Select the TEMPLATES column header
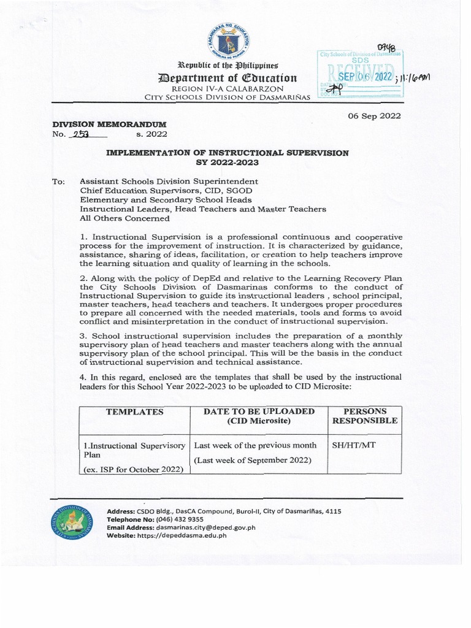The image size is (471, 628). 135,412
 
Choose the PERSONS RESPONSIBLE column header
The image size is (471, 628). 364,416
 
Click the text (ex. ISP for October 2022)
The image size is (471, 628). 133,470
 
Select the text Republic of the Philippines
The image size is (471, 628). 228,65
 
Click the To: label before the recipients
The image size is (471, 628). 59,182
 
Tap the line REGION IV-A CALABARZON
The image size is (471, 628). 228,89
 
